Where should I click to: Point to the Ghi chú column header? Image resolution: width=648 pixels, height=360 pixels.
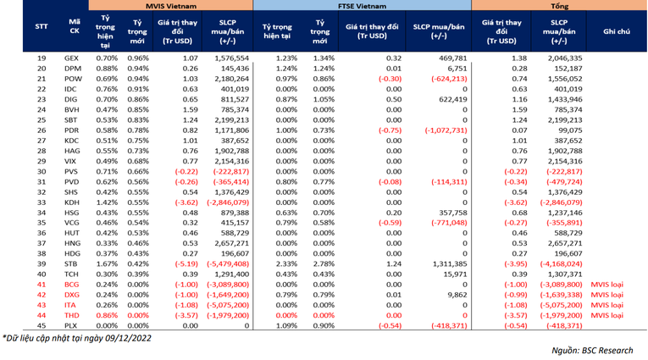tap(616, 30)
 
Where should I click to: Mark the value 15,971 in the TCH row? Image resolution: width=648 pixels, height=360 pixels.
tap(453, 274)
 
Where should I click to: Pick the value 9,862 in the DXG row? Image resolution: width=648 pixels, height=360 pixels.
tap(456, 294)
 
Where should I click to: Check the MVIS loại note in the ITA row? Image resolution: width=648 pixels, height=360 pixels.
tap(606, 305)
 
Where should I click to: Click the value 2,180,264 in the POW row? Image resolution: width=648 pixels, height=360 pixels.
tap(227, 78)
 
